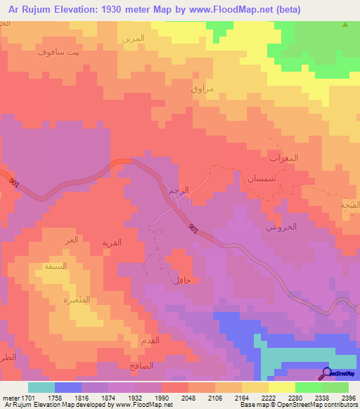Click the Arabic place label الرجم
(179, 190)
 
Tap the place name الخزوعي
(281, 227)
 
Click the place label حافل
(181, 280)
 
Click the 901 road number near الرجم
(194, 228)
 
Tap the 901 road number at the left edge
(14, 183)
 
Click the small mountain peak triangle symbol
(345, 25)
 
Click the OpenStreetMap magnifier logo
(327, 373)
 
